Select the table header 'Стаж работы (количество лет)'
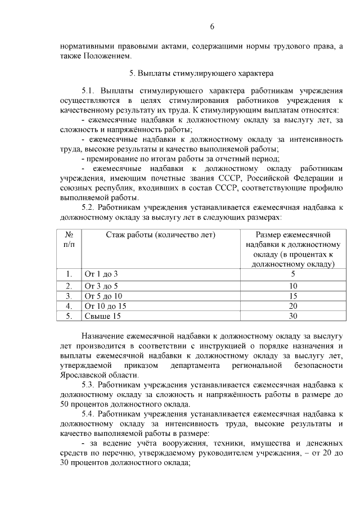point(161,235)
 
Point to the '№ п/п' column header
point(70,240)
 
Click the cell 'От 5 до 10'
point(103,296)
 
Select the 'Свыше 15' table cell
point(102,316)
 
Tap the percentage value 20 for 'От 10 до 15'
point(292,306)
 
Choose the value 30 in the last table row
point(292,316)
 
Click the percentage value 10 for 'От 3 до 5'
point(292,286)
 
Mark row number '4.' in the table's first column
point(69,306)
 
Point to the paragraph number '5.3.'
point(90,385)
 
